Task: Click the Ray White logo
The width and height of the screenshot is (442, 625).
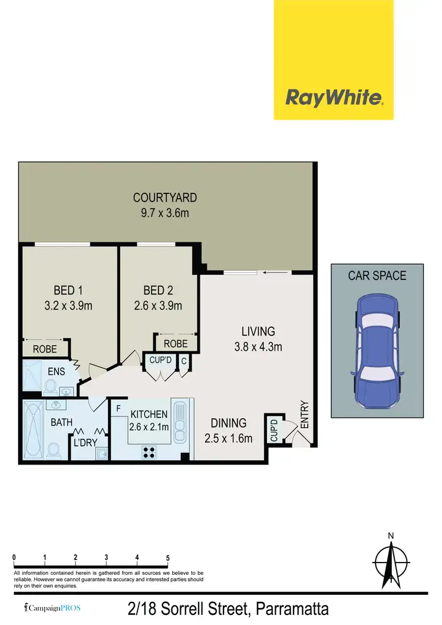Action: click(x=334, y=97)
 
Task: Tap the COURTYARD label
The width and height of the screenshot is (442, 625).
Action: click(x=165, y=198)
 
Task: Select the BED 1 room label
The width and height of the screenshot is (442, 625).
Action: click(x=68, y=290)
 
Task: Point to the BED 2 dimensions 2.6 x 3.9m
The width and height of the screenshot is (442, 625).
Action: click(x=159, y=305)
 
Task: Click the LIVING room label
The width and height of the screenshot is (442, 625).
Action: click(x=258, y=331)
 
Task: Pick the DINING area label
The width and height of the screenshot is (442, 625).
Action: click(x=229, y=423)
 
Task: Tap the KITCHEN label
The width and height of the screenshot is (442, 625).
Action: click(x=149, y=415)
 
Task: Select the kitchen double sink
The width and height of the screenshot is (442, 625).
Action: click(x=180, y=421)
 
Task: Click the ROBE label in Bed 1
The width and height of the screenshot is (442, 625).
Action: click(x=45, y=349)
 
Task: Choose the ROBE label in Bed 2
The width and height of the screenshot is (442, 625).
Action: click(x=176, y=344)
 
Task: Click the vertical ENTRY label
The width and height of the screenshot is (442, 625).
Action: click(x=305, y=415)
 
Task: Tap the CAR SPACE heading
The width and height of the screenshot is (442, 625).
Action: click(x=377, y=275)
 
